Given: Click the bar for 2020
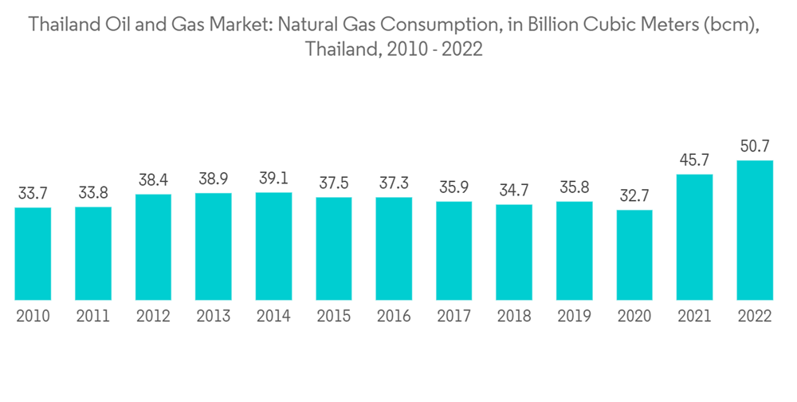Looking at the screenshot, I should point(634,254).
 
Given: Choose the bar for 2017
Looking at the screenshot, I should point(453,250).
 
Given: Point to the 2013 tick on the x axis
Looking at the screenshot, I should point(213,316).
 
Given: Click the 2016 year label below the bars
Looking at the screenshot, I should point(394,316).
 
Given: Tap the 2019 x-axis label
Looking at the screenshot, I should point(574,316).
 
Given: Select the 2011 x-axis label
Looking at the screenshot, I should point(92,316).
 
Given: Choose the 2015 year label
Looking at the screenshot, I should point(333,316).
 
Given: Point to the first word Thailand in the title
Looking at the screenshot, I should point(63,26).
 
